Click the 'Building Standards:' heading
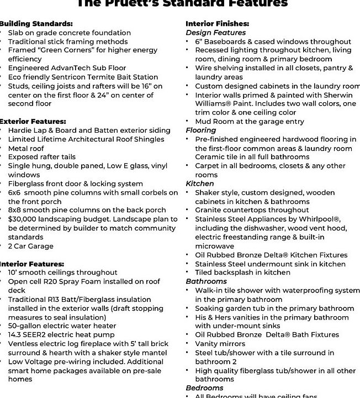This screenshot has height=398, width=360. (x=35, y=24)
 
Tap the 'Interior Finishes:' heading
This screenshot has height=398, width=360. (x=217, y=24)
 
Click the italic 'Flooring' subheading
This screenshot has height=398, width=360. (x=201, y=130)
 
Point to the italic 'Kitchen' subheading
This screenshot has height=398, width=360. (x=200, y=184)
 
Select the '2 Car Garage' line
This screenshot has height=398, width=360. (x=31, y=246)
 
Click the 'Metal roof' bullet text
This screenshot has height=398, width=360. (x=26, y=149)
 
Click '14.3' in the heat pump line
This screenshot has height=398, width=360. (x=15, y=335)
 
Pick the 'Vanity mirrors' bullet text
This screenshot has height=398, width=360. (x=220, y=344)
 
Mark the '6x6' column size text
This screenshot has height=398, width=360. (x=14, y=193)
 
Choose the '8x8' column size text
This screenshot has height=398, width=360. (x=14, y=211)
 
